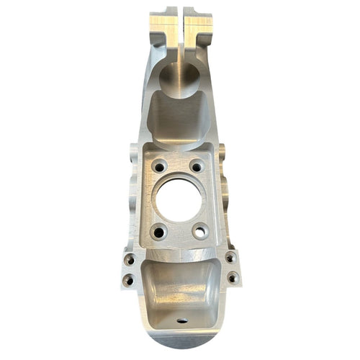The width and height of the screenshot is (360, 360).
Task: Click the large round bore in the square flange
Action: (179, 199)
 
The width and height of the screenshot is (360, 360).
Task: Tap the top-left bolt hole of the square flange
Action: (159, 166)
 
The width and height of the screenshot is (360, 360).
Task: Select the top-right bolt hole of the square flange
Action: (196, 166)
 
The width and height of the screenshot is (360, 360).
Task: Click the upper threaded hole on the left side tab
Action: (130, 259)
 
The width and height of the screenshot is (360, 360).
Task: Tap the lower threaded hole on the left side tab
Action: (128, 279)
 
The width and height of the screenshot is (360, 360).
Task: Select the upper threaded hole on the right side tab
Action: (230, 257)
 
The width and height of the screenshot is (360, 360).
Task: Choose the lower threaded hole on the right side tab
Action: (232, 276)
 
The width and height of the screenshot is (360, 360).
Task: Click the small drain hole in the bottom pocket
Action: (182, 320)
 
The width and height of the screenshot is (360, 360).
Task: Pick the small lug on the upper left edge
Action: (134, 153)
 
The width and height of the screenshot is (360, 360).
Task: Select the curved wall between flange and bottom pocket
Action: (180, 253)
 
